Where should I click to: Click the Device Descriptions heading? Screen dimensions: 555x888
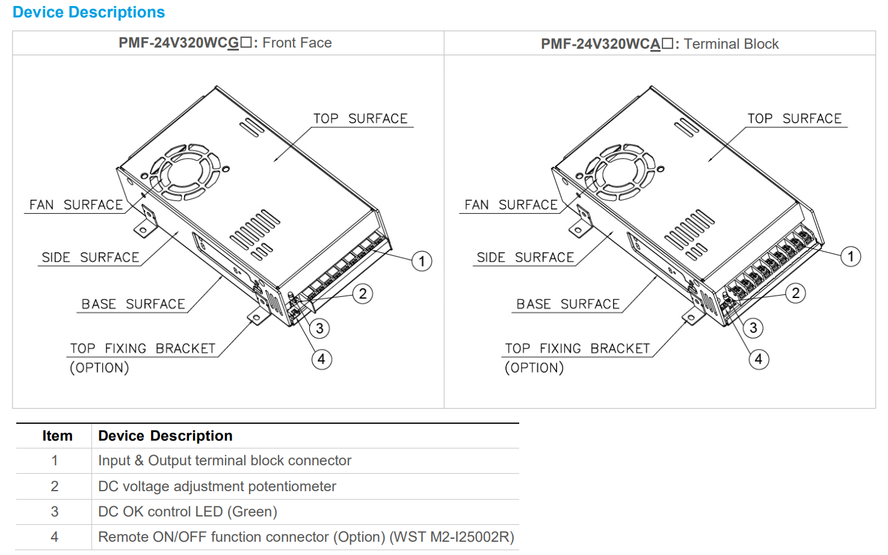(88, 12)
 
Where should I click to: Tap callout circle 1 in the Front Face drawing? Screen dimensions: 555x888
(422, 261)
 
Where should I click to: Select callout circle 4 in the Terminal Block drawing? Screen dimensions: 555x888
(759, 359)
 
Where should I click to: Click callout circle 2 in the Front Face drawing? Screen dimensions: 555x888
(363, 294)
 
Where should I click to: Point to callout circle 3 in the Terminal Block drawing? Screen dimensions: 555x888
(753, 328)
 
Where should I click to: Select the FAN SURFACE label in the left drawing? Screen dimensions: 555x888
(76, 205)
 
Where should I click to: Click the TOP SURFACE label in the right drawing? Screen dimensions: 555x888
(794, 119)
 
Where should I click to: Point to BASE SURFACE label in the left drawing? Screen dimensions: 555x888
(133, 305)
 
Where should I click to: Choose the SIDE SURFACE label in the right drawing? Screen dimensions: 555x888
(525, 258)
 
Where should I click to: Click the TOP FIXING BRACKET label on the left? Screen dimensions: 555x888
(143, 349)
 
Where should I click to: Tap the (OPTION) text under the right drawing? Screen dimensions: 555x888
(534, 368)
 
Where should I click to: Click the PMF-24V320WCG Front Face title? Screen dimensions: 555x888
(225, 43)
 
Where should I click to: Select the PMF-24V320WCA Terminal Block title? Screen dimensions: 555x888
(659, 44)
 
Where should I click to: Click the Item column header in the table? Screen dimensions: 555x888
(57, 436)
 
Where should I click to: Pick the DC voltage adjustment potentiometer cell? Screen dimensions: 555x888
(217, 486)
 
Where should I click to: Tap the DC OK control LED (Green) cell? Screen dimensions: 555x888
(187, 512)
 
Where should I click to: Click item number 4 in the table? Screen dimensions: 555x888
(55, 537)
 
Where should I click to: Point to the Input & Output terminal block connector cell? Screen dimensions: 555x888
(224, 460)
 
